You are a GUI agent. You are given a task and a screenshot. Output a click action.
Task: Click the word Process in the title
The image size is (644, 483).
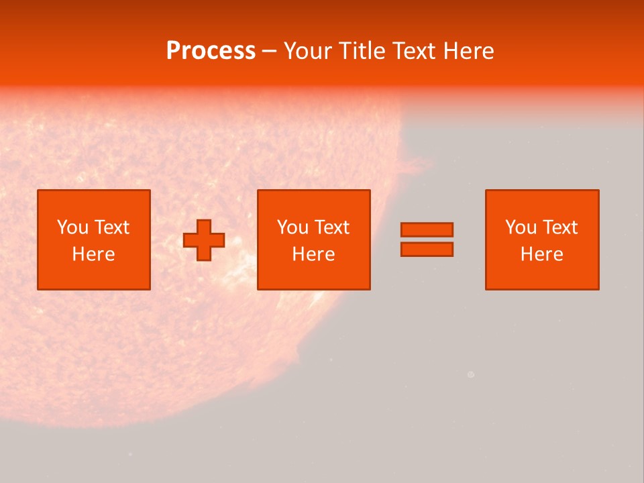coord(211,51)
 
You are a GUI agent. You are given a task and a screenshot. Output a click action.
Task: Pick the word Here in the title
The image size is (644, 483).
coord(470,51)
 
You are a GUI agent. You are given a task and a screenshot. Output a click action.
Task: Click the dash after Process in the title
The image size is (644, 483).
coord(269,52)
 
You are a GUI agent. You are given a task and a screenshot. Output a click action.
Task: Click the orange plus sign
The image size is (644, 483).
coord(204,240)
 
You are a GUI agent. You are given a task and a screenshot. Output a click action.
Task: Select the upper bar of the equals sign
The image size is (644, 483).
coord(427,229)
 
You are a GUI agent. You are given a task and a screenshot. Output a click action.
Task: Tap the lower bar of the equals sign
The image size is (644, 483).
coord(427,249)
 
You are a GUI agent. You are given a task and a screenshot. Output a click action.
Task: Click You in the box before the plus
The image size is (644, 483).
coord(72,227)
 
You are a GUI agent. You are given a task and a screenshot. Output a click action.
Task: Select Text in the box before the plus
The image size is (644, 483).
coord(112,227)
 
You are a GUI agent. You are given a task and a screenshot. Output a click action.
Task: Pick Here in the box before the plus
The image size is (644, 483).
coord(93,254)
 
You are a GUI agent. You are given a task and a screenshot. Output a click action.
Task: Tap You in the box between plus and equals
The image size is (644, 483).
coord(292,227)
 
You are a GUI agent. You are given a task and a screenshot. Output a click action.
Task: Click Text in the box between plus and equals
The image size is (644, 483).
coord(332,227)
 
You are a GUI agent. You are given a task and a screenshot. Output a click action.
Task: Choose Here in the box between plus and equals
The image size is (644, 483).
coord(313,254)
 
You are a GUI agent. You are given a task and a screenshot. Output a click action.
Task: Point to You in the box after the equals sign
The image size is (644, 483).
coord(521,227)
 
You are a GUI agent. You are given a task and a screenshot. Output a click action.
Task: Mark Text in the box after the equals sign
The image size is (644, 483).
coord(560,227)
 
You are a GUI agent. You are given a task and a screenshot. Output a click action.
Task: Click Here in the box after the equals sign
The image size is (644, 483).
coord(541,254)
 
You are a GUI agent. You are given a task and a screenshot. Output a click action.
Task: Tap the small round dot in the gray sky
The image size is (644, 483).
coord(470,375)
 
